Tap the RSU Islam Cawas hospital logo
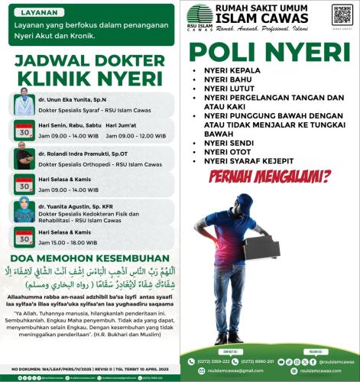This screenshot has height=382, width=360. click(x=200, y=16)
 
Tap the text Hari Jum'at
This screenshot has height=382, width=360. click(x=122, y=125)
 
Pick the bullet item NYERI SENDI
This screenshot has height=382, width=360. click(x=225, y=144)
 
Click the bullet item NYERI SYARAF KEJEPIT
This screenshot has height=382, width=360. click(x=246, y=161)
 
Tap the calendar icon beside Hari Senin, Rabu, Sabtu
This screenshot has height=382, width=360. click(x=23, y=128)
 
